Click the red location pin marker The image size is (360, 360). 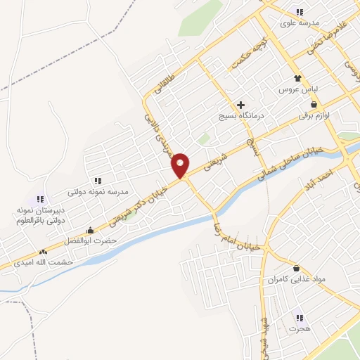tap(181, 165)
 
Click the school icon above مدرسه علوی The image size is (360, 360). tap(300, 12)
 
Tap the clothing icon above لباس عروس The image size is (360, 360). tap(297, 79)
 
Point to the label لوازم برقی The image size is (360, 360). tap(313, 115)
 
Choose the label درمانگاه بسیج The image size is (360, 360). tap(240, 116)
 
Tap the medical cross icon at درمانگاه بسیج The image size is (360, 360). tap(240, 105)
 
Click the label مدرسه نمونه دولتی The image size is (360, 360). tap(97, 191)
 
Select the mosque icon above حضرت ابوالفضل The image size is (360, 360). tap(89, 230)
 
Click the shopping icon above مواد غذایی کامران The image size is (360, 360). tap(296, 269)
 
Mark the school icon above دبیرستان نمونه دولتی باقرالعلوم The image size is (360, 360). tap(40, 200)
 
